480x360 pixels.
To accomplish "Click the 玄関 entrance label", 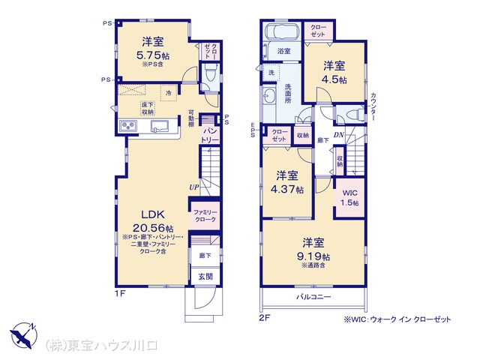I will (204, 276).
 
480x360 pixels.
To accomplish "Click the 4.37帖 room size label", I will (289, 189).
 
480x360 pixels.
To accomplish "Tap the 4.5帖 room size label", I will (334, 79).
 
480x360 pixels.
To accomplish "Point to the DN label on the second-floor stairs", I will (339, 135).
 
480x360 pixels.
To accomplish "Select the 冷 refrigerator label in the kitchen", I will (169, 92).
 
